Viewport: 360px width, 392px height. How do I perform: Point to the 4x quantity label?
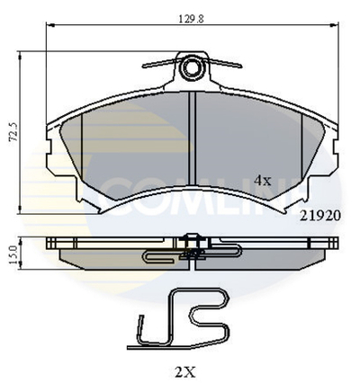262,180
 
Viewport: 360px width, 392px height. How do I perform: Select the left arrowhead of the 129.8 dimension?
49,29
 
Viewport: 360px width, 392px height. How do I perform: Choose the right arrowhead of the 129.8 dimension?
337,29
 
